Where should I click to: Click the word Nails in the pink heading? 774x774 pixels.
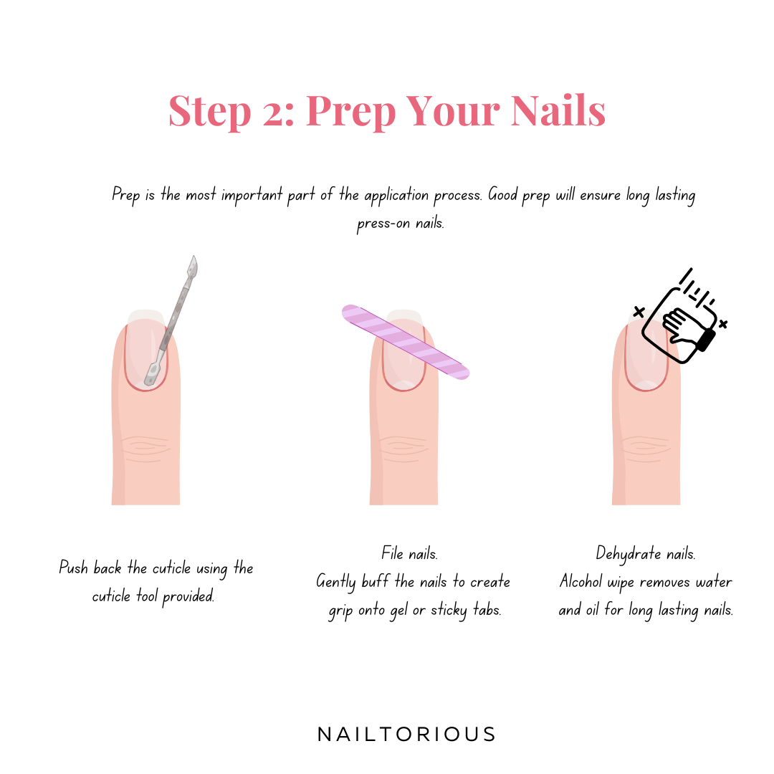(558, 110)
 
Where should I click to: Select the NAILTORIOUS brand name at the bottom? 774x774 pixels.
(406, 735)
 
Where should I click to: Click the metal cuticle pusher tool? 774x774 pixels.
(171, 321)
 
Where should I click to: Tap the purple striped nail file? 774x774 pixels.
(405, 342)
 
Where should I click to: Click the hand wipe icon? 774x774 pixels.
(680, 317)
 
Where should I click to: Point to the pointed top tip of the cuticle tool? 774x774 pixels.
(194, 256)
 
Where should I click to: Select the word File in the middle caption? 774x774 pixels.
(393, 553)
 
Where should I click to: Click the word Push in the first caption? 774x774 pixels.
(73, 568)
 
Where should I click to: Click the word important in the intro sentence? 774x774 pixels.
(252, 196)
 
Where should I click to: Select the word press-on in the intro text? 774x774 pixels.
(383, 224)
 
